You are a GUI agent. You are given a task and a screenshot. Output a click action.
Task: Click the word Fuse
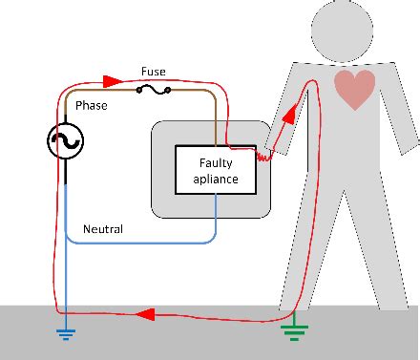(154, 72)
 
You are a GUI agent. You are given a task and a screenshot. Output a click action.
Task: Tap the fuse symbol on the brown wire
(153, 91)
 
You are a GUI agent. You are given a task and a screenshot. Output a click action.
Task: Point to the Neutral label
(103, 229)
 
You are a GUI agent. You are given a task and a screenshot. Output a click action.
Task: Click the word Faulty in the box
(215, 163)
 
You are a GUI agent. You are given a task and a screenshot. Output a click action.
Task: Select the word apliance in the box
(215, 179)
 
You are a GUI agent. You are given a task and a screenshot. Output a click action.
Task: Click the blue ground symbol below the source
(66, 332)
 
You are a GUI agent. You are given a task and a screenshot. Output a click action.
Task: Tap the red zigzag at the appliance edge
(263, 154)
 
